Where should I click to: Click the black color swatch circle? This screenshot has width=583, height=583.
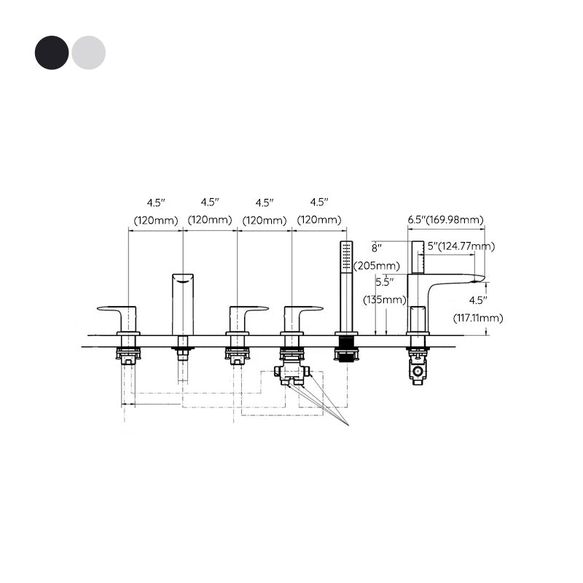pos(51,52)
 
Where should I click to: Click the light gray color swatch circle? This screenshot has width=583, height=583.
pos(88,52)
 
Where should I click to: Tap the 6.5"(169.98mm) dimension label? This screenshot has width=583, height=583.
pos(445,219)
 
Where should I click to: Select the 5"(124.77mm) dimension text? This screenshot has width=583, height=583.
pos(461,246)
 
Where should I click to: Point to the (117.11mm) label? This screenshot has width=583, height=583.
pos(478,318)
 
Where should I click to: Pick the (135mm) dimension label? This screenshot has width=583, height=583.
pos(384,300)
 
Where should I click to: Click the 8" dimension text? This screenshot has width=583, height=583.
pos(377,247)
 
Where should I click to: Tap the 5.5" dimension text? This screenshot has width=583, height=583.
pos(385,281)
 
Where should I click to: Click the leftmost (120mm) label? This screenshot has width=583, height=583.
pos(155,219)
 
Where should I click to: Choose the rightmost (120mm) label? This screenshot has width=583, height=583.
pos(318,219)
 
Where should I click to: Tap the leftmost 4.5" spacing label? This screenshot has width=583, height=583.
pos(155,202)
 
